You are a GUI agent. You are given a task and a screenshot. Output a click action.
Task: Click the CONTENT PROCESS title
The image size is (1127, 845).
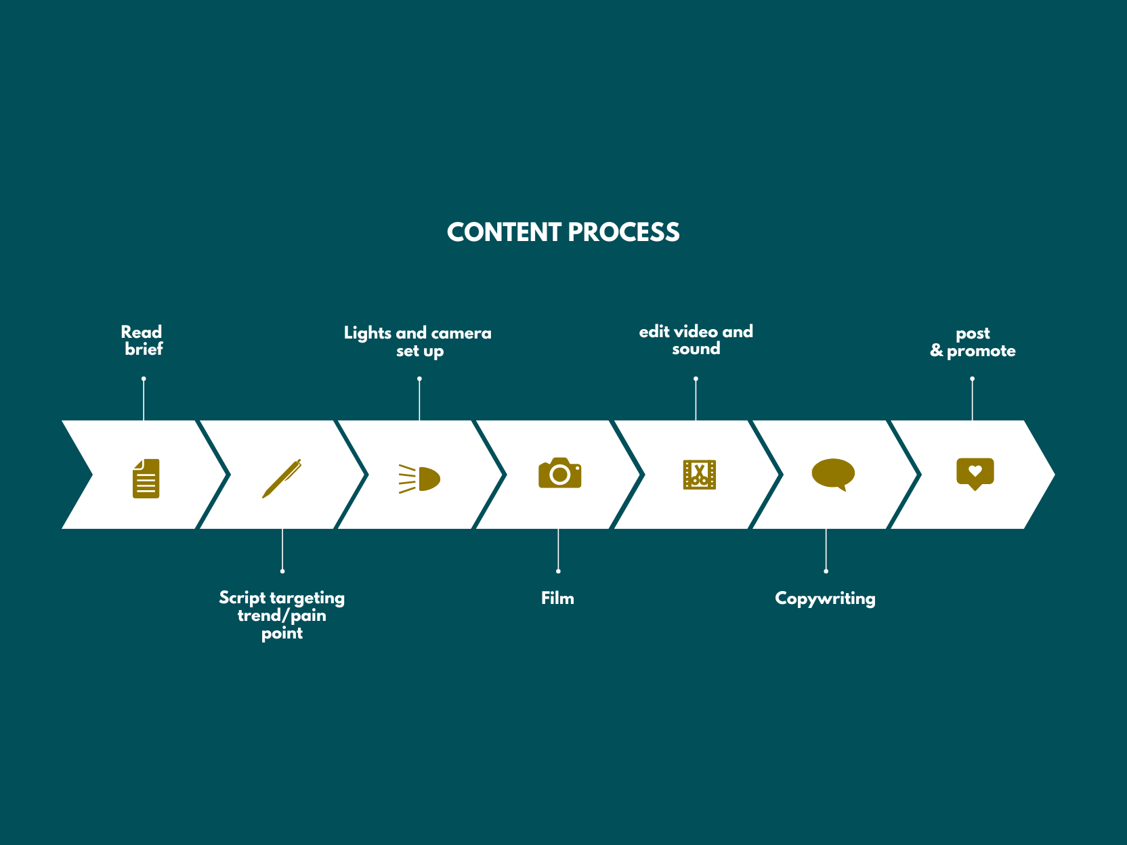click(x=563, y=232)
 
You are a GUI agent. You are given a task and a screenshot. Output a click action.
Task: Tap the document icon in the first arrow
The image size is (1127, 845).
click(x=146, y=479)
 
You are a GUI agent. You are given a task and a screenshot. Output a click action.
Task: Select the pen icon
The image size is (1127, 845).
click(x=282, y=478)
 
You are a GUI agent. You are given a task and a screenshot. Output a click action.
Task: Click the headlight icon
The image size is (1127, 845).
click(x=420, y=479)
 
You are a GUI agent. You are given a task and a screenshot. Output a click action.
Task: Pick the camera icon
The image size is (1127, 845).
click(x=559, y=473)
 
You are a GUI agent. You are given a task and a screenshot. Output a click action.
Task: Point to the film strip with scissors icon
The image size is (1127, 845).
click(x=699, y=475)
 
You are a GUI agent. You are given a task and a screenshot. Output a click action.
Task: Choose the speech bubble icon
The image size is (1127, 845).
click(x=833, y=474)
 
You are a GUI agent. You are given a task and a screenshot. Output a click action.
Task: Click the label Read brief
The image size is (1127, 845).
click(x=143, y=341)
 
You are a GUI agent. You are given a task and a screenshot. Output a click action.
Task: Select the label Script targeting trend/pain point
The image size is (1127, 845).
click(x=282, y=615)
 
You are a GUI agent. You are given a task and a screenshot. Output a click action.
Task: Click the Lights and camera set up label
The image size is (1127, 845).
click(x=418, y=342)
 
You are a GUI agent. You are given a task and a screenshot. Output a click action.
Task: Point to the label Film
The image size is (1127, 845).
click(x=557, y=599)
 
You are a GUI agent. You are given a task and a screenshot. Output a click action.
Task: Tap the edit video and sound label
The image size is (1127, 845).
click(x=696, y=340)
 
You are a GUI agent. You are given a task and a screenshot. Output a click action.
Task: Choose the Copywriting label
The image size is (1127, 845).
click(x=825, y=599)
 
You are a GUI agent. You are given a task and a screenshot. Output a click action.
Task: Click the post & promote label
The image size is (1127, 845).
click(x=973, y=342)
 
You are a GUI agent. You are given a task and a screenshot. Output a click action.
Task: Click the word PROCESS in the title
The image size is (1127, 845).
click(x=624, y=232)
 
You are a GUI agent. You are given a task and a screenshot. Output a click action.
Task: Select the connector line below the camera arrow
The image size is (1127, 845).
click(x=558, y=550)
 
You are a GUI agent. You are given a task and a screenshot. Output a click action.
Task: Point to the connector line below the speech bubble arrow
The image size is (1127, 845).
click(x=826, y=550)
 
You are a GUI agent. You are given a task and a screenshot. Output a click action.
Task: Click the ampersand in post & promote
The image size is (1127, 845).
click(x=937, y=351)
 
